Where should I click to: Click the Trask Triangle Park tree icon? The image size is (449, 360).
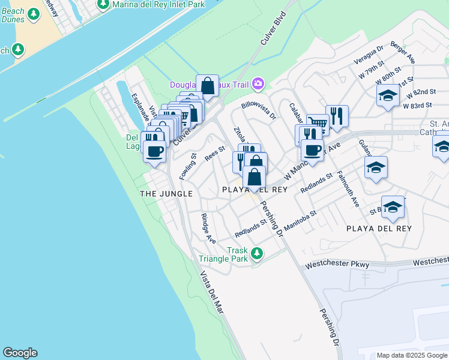click(257, 254)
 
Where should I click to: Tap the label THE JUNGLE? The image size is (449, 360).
click(166, 194)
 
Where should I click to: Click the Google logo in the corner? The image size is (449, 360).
click(20, 353)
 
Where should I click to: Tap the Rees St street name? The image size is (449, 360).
click(214, 154)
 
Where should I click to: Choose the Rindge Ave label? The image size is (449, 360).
click(208, 229)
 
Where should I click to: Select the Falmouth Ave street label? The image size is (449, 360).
click(348, 188)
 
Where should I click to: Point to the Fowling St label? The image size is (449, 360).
click(188, 167)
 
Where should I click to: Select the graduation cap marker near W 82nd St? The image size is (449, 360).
click(388, 96)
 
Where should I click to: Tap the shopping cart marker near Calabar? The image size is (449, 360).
click(318, 125)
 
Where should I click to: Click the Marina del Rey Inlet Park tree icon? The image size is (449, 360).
click(104, 4)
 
